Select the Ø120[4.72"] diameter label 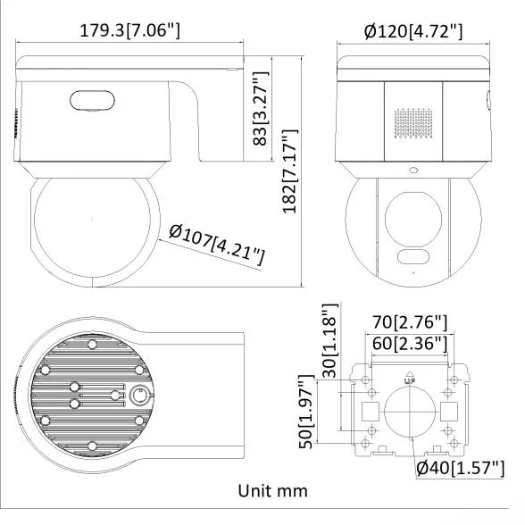413,33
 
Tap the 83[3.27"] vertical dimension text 261,112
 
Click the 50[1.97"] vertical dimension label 306,412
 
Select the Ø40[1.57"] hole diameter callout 461,467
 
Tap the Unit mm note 272,491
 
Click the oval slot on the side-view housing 89,101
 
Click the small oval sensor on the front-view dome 413,259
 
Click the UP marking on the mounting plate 410,379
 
